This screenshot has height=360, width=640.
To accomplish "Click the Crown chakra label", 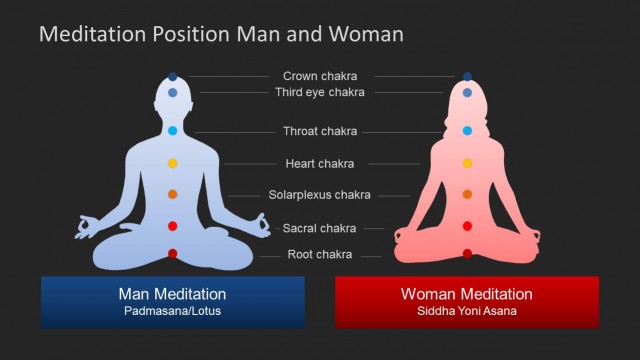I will coord(320,76).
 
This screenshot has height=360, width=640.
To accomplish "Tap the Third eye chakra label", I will coord(320,93).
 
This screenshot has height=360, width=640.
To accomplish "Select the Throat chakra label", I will coord(320,131).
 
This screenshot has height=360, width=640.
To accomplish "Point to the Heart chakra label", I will coord(320,164).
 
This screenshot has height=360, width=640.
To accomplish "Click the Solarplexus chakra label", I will coord(320,195).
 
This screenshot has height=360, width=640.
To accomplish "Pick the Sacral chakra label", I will coord(320,228).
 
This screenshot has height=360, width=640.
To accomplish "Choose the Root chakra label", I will coord(320,255).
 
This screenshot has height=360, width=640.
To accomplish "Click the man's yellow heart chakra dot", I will coord(172,163).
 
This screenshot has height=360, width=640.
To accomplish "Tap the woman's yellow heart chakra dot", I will coord(467,163).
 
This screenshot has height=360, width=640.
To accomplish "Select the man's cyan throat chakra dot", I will coord(172,131).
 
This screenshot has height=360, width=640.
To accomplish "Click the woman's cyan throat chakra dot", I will coord(467,131).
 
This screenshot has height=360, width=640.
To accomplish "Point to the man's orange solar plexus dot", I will coord(172,194).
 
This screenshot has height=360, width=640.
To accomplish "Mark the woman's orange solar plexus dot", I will coord(467,194).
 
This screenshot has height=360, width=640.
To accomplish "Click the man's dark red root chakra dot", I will coord(172,254).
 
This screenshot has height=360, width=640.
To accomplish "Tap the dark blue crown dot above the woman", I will coord(467,76).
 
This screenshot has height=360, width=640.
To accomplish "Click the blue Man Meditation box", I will coord(172,301).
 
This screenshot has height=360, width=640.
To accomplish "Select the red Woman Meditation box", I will coord(467,301).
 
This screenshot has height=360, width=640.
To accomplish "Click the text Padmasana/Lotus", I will coord(172,312).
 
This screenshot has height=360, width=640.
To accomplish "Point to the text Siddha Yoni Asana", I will coord(467,312).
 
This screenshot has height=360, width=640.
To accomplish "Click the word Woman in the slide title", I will coord(367,34).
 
